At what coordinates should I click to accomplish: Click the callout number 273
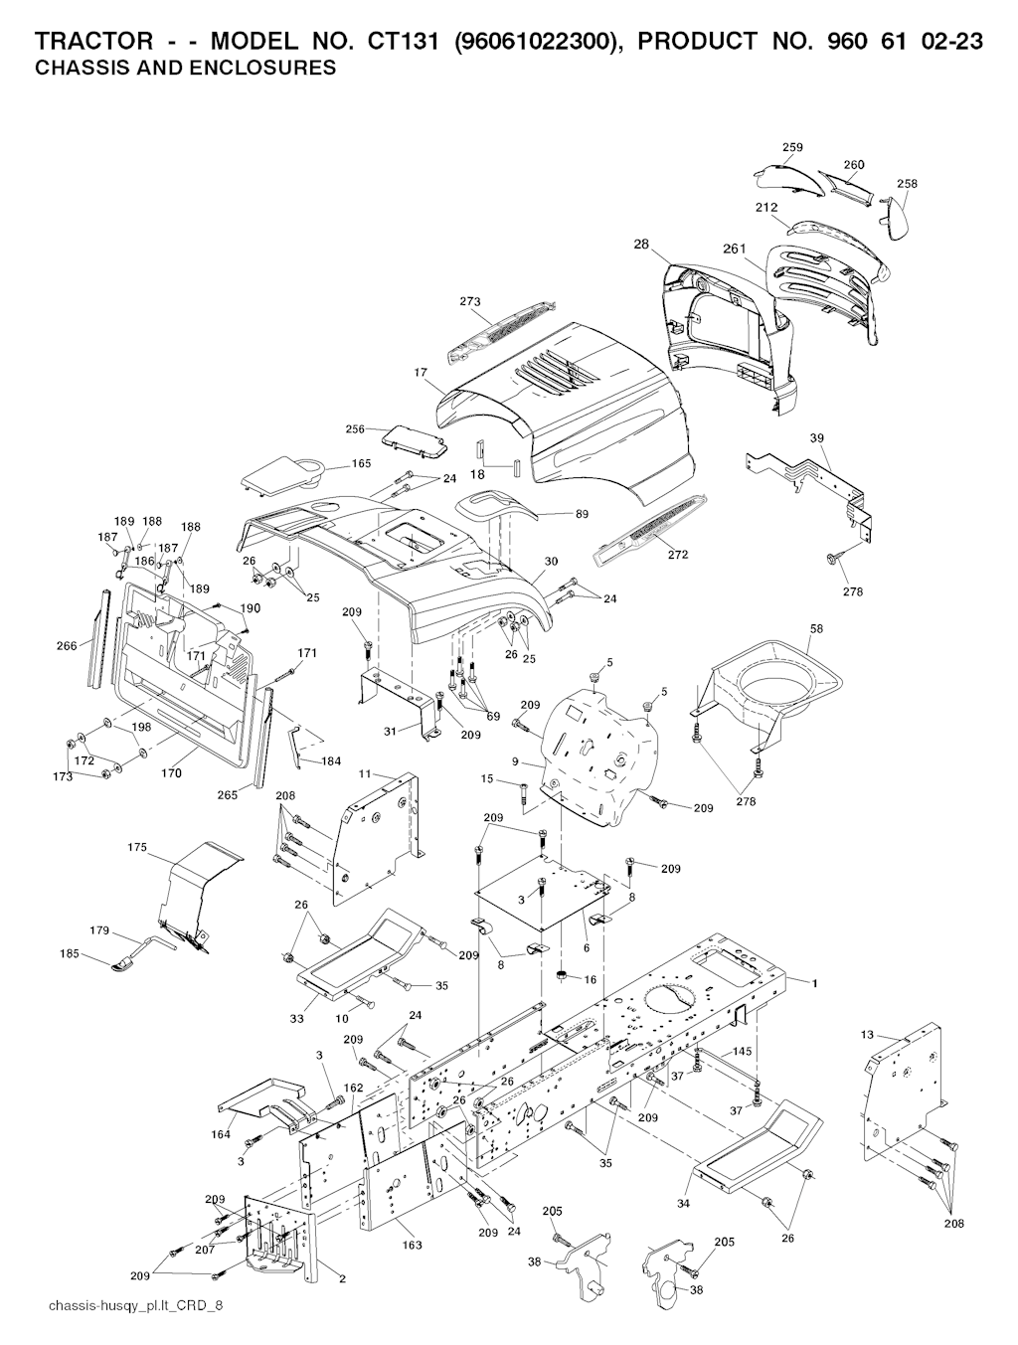point(470,300)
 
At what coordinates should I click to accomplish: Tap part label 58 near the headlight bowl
point(816,629)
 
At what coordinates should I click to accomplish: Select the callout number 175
point(137,848)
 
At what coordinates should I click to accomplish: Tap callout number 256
point(355,429)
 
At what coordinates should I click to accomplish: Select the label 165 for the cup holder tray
point(361,464)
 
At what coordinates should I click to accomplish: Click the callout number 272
point(677,555)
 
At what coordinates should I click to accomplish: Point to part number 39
point(817,438)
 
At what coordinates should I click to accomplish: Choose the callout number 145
point(742,1052)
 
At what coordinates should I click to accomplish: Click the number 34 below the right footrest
point(683,1204)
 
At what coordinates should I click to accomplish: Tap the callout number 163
point(412,1245)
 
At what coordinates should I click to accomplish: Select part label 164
point(221,1134)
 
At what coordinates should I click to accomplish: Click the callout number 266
point(66,646)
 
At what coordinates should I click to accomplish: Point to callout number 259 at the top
point(792,148)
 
